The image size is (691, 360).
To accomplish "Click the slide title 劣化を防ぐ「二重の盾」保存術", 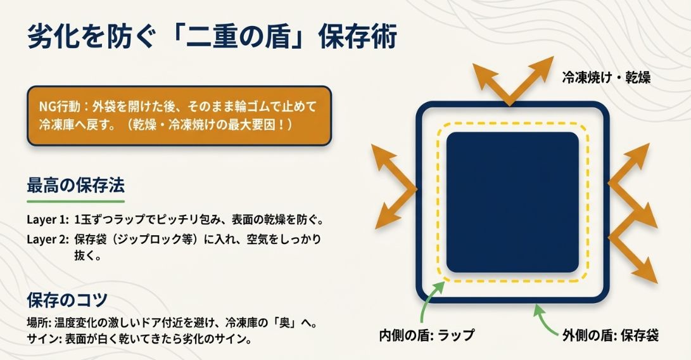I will pyautogui.click(x=212, y=38).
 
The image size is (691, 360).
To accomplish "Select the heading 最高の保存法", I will pyautogui.click(x=75, y=186).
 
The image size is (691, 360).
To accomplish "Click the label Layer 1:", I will pyautogui.click(x=47, y=221).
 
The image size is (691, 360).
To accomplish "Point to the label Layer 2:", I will pyautogui.click(x=47, y=240).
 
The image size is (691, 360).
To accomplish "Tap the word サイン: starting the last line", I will pyautogui.click(x=42, y=339).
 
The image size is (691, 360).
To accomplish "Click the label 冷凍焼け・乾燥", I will pyautogui.click(x=606, y=77).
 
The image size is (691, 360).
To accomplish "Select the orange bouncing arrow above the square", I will pyautogui.click(x=510, y=79).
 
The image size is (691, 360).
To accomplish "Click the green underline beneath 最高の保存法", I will pyautogui.click(x=75, y=202).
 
